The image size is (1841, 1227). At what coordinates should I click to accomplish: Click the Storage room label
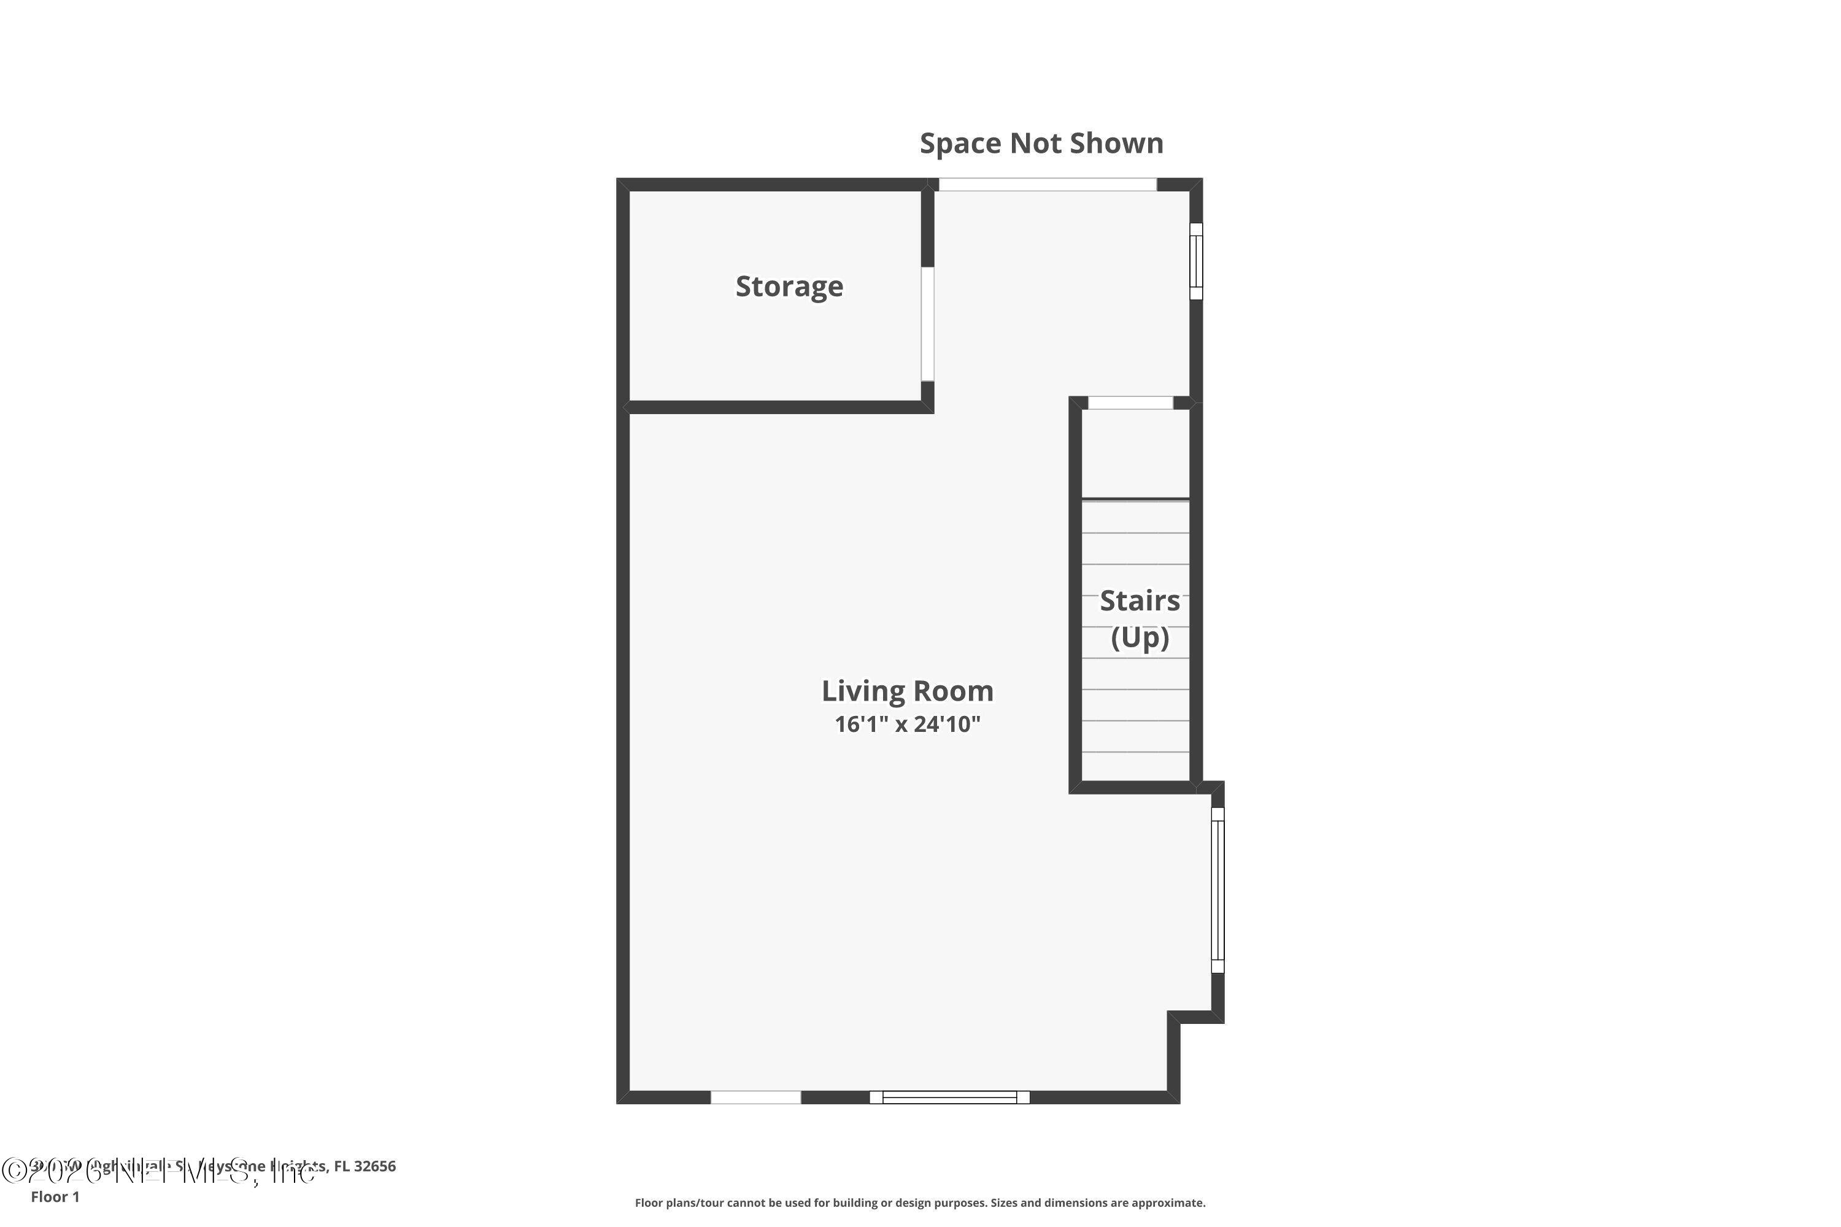[x=789, y=287]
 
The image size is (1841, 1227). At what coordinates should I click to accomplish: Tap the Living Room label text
[x=906, y=691]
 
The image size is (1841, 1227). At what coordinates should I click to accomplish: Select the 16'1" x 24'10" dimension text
[x=906, y=725]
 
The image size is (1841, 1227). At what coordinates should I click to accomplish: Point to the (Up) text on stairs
[x=1139, y=638]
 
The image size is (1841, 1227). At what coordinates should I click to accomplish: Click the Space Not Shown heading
[x=1040, y=143]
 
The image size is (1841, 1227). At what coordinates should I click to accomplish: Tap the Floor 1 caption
[x=55, y=1196]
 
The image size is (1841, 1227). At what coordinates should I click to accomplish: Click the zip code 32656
[x=374, y=1166]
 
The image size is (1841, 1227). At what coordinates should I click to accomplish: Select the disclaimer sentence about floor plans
[x=920, y=1202]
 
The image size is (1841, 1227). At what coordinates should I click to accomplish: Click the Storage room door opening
[x=927, y=324]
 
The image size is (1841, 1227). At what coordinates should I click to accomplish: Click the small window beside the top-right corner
[x=1195, y=261]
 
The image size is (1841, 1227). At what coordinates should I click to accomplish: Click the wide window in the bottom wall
[x=949, y=1097]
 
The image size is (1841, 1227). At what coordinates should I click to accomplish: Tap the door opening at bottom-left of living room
[x=755, y=1097]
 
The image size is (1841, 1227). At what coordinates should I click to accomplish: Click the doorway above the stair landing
[x=1130, y=403]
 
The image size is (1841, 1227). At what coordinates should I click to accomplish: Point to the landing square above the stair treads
[x=1135, y=454]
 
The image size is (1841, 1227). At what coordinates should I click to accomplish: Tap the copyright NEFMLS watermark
[x=156, y=1171]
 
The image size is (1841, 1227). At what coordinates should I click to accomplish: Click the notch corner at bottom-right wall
[x=1174, y=1017]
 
